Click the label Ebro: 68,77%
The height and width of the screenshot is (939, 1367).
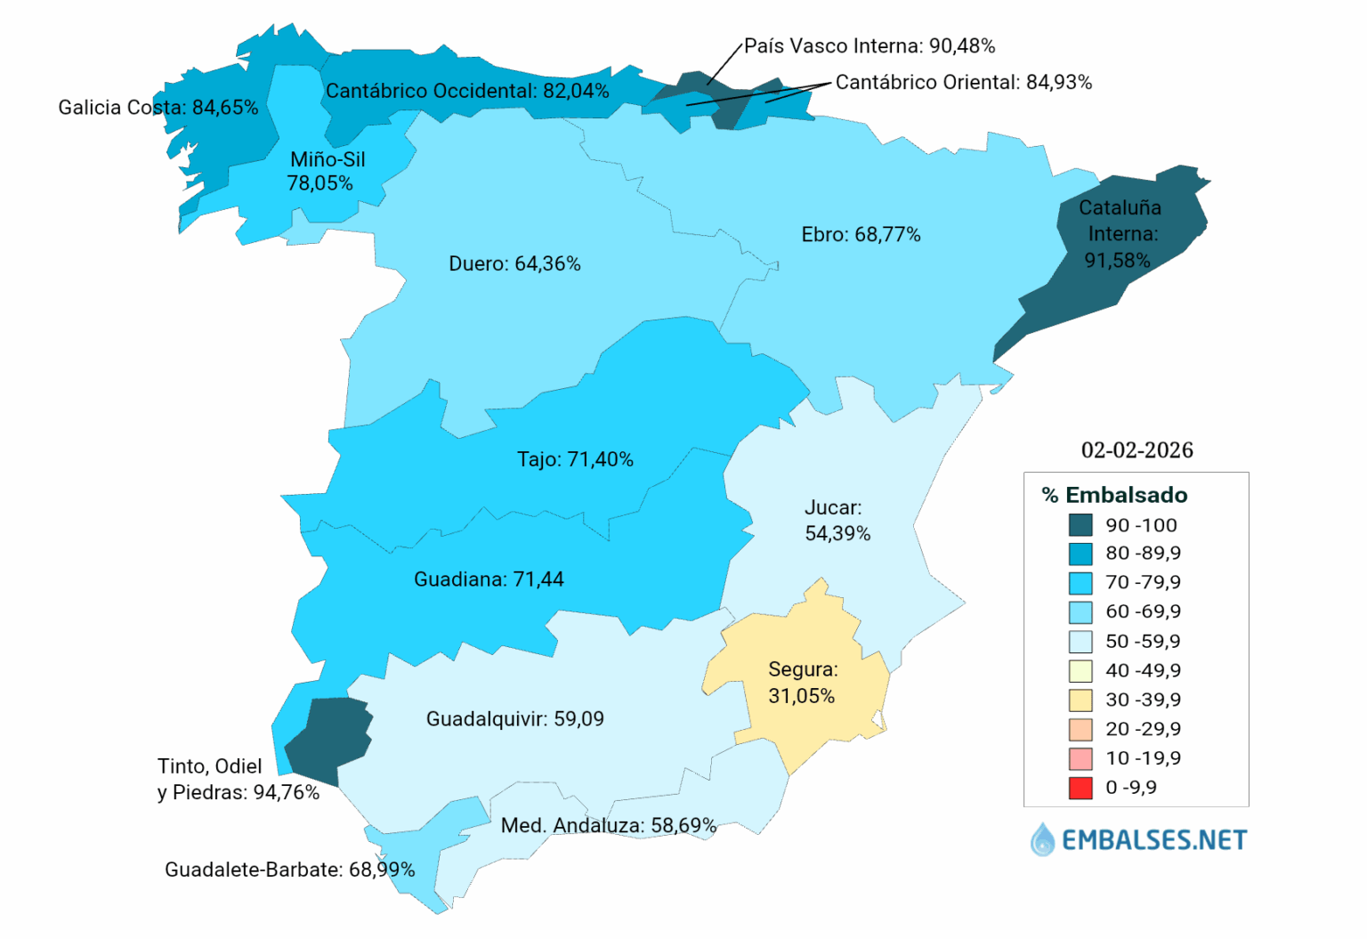pyautogui.click(x=861, y=235)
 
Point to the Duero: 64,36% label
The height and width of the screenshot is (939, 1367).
pyautogui.click(x=514, y=264)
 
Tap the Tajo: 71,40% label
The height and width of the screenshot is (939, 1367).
pyautogui.click(x=575, y=459)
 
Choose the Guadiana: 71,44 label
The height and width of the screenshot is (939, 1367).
pyautogui.click(x=489, y=579)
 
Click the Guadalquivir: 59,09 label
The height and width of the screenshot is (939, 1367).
pyautogui.click(x=514, y=719)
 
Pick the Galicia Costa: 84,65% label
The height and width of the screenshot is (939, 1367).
pyautogui.click(x=158, y=108)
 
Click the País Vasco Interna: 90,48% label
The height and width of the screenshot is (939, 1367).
pyautogui.click(x=870, y=46)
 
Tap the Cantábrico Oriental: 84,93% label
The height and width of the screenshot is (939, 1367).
pyautogui.click(x=963, y=83)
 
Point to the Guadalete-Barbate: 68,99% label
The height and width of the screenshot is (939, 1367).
pyautogui.click(x=289, y=870)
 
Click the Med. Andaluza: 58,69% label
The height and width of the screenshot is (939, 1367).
pyautogui.click(x=608, y=826)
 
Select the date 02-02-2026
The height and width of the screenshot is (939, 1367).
pyautogui.click(x=1136, y=450)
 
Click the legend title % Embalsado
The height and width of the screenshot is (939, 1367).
pyautogui.click(x=1114, y=495)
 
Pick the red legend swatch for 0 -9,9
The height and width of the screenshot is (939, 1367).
pyautogui.click(x=1080, y=788)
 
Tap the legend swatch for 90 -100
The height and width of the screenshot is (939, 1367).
pyautogui.click(x=1080, y=525)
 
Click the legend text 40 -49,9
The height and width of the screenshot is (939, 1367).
pyautogui.click(x=1143, y=670)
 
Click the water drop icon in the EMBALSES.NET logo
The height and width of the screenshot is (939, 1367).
pyautogui.click(x=1041, y=839)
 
